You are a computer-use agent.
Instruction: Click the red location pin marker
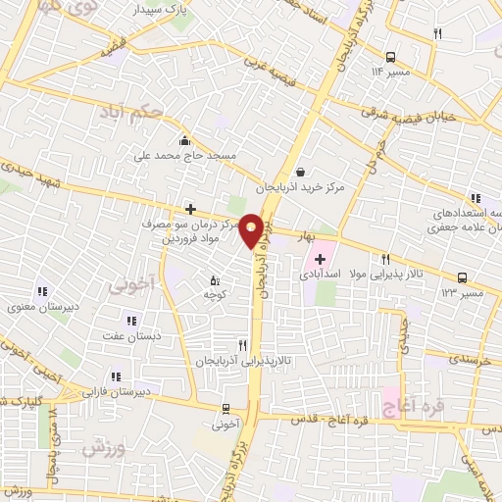pos(252,230)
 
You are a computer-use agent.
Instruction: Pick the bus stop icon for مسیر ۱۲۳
pos(462,276)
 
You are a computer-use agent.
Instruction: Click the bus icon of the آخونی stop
pos(226,408)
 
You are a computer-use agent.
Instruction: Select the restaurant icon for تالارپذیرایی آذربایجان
pos(242,345)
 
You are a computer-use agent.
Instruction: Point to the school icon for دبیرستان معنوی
pos(42,291)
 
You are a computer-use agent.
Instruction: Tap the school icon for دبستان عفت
pos(129,319)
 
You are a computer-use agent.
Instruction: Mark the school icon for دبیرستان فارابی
pos(116,376)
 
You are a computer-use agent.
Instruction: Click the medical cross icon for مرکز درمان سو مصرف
pos(190,209)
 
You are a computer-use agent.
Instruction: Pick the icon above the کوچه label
pos(215,280)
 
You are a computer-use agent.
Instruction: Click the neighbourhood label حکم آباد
pos(130,114)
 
